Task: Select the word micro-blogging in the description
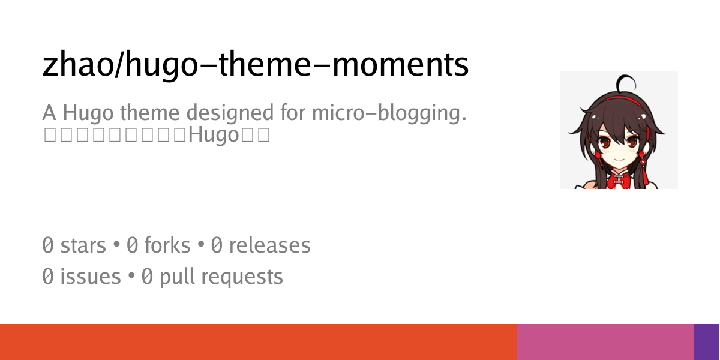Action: (x=389, y=113)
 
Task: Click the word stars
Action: (x=83, y=245)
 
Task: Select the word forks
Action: (x=167, y=245)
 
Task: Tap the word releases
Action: (x=269, y=245)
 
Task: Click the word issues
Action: (x=90, y=277)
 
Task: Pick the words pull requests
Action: (x=221, y=277)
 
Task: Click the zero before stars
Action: (x=48, y=245)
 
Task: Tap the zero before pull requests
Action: (x=147, y=277)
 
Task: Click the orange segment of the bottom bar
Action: (x=258, y=342)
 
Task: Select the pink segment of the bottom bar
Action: (x=605, y=342)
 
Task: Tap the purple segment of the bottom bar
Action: (x=706, y=342)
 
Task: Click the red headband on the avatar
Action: (x=618, y=98)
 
